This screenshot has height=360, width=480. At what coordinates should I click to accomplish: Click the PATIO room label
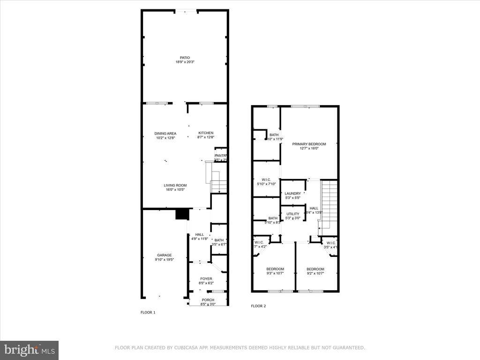pyautogui.click(x=185, y=58)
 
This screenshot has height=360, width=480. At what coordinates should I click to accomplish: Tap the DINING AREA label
pyautogui.click(x=165, y=133)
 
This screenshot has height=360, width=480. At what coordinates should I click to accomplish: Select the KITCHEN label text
pyautogui.click(x=205, y=133)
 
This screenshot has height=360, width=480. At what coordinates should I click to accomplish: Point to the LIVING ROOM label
pyautogui.click(x=175, y=185)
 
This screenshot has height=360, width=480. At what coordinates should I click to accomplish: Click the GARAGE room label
pyautogui.click(x=164, y=255)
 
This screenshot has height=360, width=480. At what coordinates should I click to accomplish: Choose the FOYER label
pyautogui.click(x=206, y=278)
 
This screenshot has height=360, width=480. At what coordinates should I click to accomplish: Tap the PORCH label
pyautogui.click(x=208, y=300)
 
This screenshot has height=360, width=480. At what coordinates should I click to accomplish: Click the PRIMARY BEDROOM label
pyautogui.click(x=309, y=144)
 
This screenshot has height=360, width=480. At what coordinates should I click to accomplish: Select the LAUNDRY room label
pyautogui.click(x=293, y=194)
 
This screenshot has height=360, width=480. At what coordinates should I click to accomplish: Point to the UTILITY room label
pyautogui.click(x=293, y=214)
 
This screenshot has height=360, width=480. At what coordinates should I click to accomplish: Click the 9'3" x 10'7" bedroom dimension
pyautogui.click(x=275, y=273)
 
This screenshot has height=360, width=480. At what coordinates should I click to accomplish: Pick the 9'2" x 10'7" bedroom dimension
pyautogui.click(x=315, y=273)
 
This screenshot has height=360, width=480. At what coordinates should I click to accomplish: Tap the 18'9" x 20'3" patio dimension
pyautogui.click(x=185, y=62)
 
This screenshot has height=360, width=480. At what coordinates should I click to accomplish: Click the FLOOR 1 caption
pyautogui.click(x=148, y=312)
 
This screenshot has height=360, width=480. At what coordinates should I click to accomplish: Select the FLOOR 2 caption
pyautogui.click(x=258, y=306)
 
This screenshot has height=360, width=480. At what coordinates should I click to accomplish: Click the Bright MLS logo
pyautogui.click(x=29, y=350)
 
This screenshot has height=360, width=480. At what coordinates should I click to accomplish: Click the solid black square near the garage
pyautogui.click(x=181, y=214)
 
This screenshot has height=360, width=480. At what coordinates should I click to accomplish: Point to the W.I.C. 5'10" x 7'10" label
pyautogui.click(x=266, y=181)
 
